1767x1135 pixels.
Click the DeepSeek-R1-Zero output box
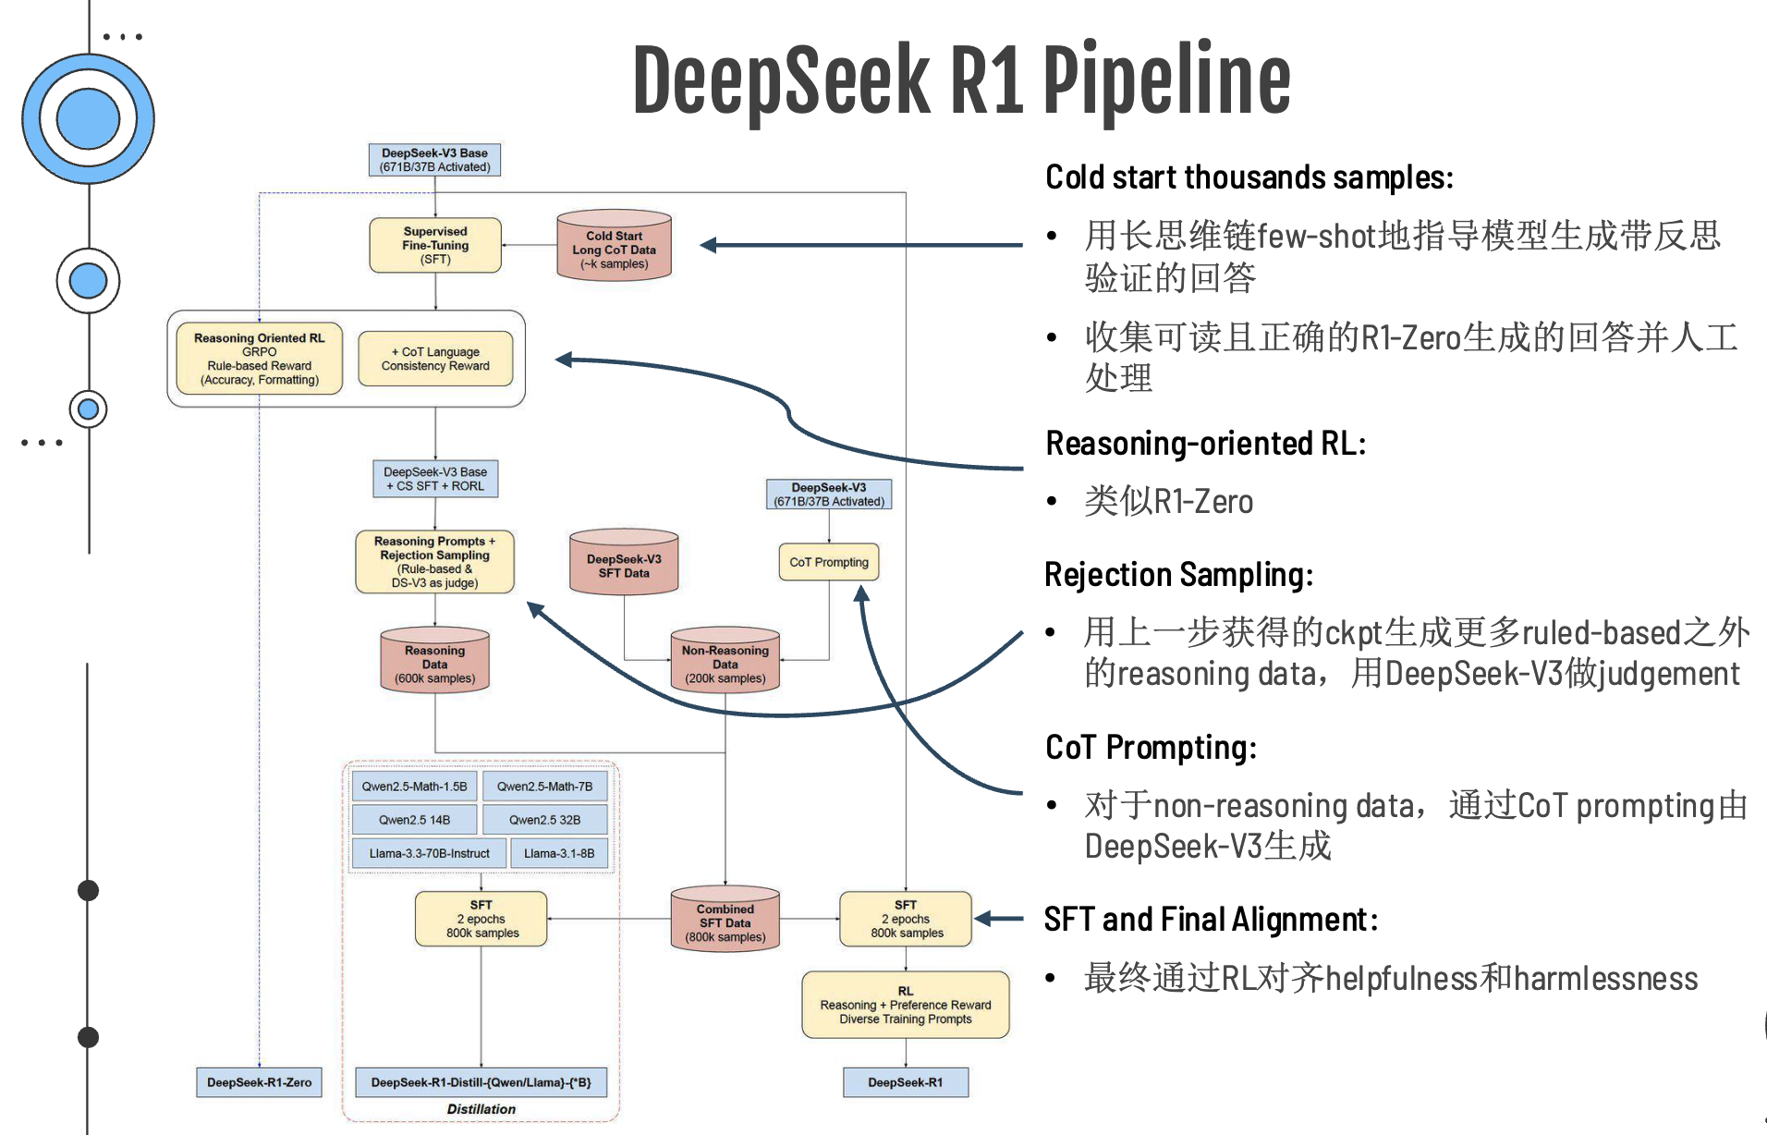pos(259,1082)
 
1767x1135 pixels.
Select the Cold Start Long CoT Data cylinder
pos(614,247)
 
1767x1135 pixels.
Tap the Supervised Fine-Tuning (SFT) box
pos(435,246)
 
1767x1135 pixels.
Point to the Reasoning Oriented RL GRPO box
pos(259,359)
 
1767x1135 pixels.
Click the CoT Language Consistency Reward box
pos(435,359)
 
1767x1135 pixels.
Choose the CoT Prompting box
pos(829,562)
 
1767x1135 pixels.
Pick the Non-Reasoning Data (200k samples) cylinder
pos(725,662)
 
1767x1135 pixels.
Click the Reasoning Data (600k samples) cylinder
pos(434,662)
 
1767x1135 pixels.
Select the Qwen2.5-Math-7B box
pos(545,787)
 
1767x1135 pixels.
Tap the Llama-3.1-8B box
pos(559,853)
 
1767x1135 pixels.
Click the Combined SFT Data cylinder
pos(725,921)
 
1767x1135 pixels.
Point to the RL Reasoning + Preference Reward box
pos(906,1006)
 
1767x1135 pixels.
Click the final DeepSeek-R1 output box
pos(906,1082)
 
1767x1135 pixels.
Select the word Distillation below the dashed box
pos(481,1109)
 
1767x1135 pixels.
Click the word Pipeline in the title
pos(1166,80)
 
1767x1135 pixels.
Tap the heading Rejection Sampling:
pos(1178,575)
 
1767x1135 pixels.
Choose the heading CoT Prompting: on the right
pos(1151,747)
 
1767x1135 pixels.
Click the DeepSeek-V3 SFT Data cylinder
pos(624,564)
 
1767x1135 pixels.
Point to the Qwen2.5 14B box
pos(415,820)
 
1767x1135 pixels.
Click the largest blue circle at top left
pos(88,118)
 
